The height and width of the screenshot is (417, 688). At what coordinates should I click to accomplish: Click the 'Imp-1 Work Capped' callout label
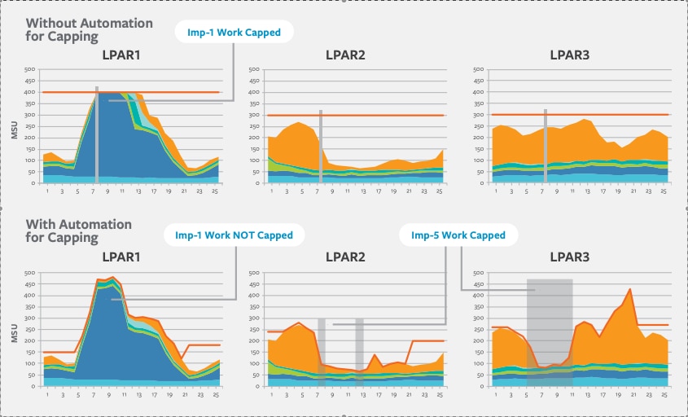click(x=234, y=33)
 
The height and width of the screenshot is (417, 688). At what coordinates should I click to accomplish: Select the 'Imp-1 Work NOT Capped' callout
click(x=234, y=235)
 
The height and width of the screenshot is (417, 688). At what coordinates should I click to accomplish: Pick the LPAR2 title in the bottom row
click(x=345, y=258)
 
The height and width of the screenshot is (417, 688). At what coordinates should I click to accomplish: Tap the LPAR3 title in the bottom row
click(x=569, y=258)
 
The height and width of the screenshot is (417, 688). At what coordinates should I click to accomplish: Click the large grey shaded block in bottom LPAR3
click(x=550, y=326)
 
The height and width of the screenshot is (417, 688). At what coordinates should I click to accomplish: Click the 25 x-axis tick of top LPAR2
click(x=439, y=191)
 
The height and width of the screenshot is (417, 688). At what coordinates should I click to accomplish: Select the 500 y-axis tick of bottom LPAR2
click(x=254, y=273)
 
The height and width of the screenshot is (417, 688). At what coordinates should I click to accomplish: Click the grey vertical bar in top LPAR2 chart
click(x=321, y=147)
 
